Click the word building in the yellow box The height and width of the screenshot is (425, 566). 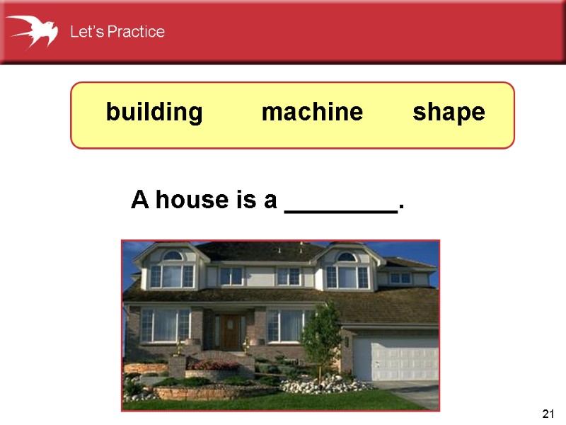(154, 113)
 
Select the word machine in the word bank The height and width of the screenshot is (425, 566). (312, 113)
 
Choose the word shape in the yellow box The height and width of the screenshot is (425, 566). (449, 113)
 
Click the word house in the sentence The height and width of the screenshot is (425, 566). (189, 200)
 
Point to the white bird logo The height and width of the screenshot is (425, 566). (33, 30)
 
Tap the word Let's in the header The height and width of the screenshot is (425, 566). (85, 32)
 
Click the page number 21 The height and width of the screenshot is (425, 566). (547, 414)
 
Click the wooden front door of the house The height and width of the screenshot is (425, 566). (231, 331)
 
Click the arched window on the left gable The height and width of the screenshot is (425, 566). (172, 256)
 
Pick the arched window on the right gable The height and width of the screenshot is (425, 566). (346, 256)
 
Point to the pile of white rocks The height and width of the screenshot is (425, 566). (325, 386)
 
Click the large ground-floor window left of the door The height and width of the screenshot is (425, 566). (165, 326)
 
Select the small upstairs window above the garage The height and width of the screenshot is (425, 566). (400, 278)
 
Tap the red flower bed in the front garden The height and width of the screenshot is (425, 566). (215, 365)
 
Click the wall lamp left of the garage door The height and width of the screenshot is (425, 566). (347, 341)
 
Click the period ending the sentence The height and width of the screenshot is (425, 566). (401, 208)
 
